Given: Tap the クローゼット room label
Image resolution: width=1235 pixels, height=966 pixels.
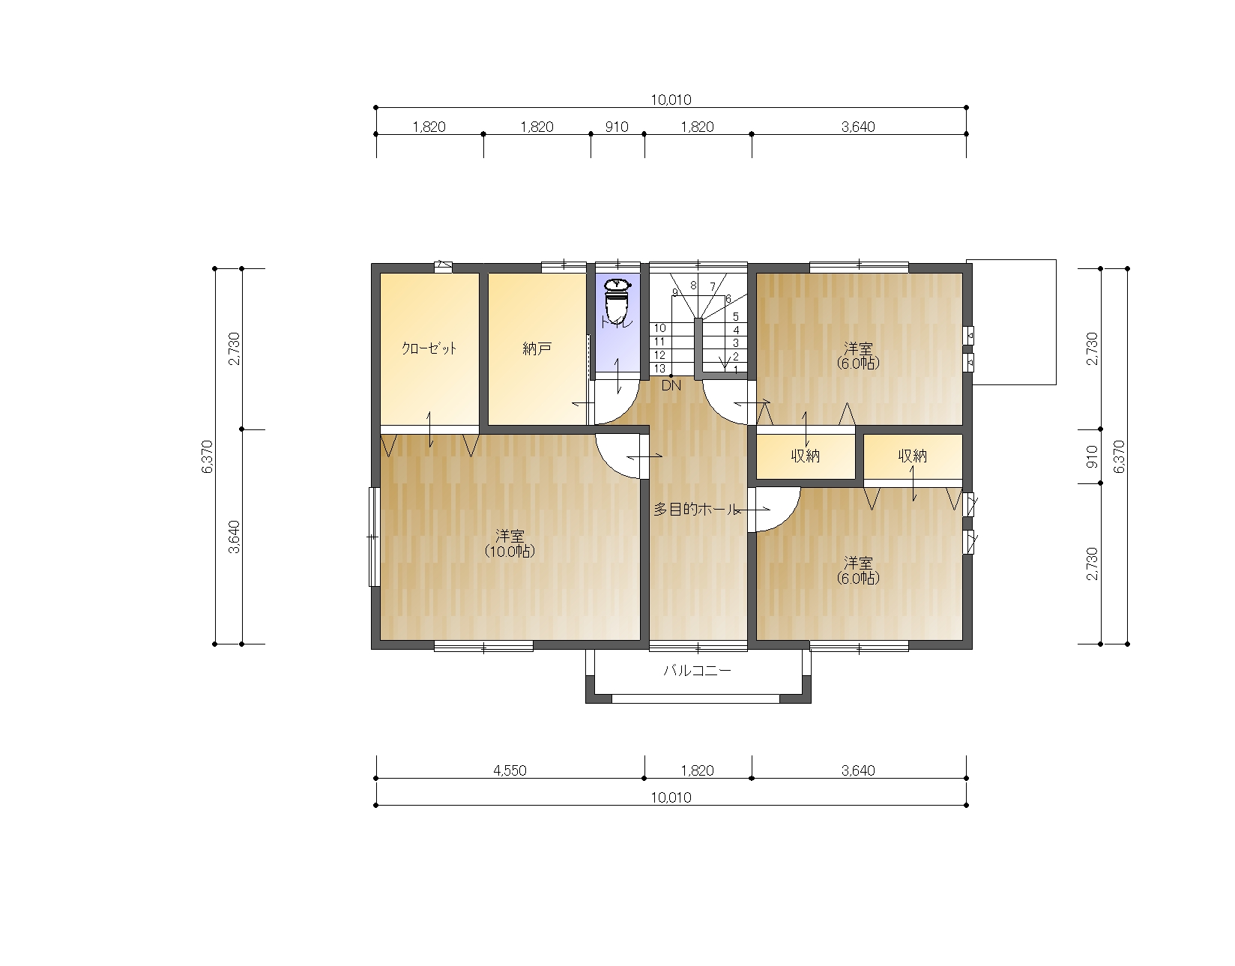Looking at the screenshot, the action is (429, 348).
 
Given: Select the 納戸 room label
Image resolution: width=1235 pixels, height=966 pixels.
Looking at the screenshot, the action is (537, 348).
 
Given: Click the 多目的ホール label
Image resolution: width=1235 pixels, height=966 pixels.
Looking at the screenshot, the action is (695, 509).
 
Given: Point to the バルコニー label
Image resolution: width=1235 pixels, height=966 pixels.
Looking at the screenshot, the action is (698, 671).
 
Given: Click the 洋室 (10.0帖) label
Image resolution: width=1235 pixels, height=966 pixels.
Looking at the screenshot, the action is (510, 543).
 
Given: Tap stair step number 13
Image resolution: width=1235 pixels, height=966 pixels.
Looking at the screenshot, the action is (659, 368).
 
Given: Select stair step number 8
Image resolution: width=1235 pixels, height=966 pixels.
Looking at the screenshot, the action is (693, 286).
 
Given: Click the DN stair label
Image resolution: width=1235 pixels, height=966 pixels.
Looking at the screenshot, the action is (671, 385).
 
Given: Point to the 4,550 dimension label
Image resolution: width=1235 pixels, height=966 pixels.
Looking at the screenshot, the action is (510, 770).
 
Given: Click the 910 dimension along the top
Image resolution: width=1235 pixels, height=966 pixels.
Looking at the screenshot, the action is (617, 127).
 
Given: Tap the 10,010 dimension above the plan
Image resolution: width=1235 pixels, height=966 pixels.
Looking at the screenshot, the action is (671, 100).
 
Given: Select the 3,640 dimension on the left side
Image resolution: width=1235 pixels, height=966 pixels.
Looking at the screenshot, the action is (234, 537).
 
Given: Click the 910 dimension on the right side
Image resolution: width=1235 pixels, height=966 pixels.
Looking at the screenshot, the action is (1092, 456).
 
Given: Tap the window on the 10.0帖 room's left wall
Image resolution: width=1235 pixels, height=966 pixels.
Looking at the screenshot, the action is (373, 537).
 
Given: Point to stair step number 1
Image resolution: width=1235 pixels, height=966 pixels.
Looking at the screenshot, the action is (736, 370).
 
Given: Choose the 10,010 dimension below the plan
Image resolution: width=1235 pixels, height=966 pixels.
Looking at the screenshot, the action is (671, 798).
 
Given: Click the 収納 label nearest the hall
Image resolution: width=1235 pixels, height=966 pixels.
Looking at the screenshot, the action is (806, 456).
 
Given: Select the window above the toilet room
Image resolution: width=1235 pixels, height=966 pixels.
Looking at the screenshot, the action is (617, 265).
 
